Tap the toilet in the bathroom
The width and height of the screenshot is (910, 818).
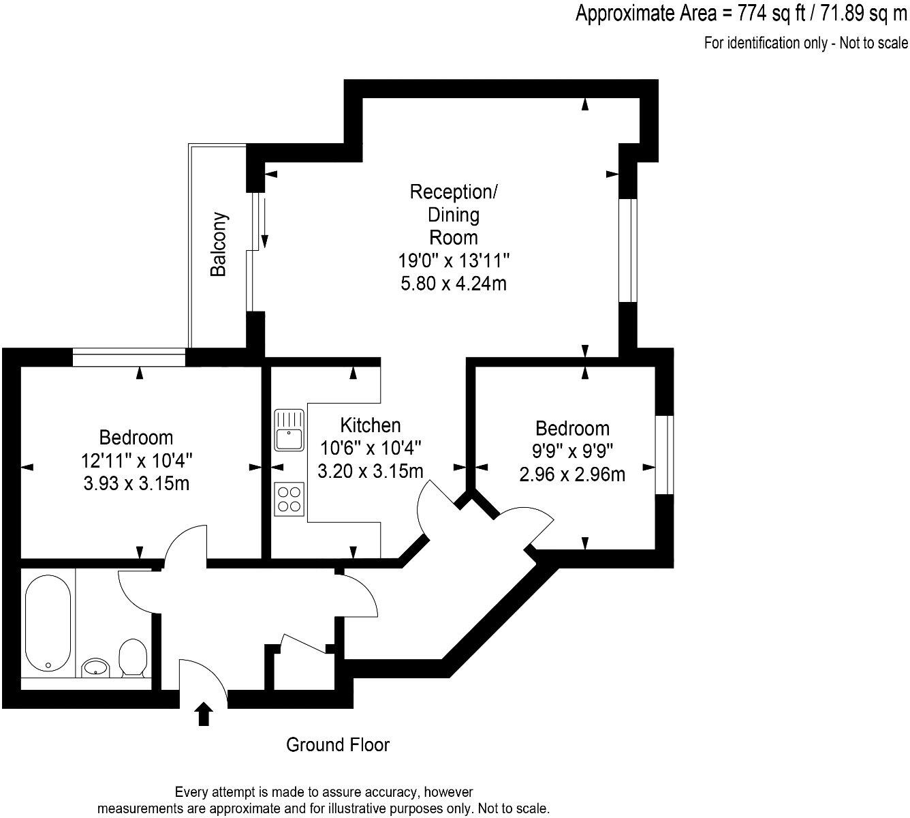(x=131, y=658)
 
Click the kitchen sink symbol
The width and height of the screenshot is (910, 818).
(x=289, y=430)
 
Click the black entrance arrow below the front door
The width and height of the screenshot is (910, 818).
(x=204, y=716)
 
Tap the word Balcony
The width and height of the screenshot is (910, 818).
(x=218, y=245)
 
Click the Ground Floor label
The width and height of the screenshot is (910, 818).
(x=338, y=744)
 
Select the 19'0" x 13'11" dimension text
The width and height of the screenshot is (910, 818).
(x=454, y=260)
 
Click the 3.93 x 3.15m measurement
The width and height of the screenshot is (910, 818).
(x=136, y=483)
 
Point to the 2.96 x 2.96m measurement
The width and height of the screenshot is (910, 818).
(x=572, y=474)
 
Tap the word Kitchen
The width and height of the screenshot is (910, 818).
(x=371, y=425)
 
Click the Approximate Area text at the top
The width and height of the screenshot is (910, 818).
(x=741, y=13)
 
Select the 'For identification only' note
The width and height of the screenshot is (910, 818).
(x=806, y=43)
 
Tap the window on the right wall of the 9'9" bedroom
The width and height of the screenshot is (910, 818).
(x=664, y=454)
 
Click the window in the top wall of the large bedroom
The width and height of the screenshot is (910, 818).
(x=129, y=352)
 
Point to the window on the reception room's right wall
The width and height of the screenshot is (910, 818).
(x=627, y=250)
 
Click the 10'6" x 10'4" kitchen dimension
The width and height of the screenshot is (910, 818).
(x=371, y=448)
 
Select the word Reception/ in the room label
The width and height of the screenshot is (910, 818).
(x=454, y=192)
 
